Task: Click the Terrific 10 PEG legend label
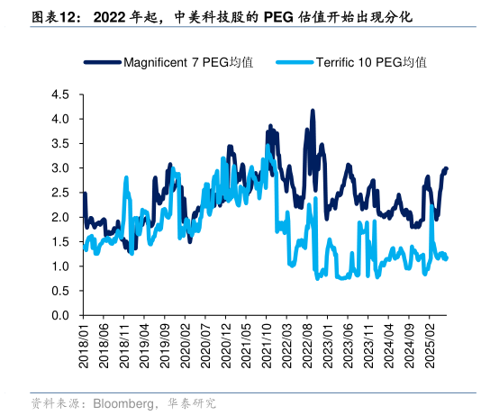[x=370, y=62]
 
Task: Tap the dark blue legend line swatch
[x=103, y=62]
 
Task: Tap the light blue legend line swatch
[x=295, y=62]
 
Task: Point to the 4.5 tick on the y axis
[x=60, y=94]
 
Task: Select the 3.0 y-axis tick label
[x=60, y=168]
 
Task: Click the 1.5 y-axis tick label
[x=60, y=242]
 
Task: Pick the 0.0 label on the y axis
[x=60, y=316]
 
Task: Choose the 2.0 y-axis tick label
[x=60, y=217]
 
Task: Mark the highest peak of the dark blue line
[x=313, y=111]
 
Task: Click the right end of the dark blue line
[x=446, y=168]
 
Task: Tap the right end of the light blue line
[x=447, y=259]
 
